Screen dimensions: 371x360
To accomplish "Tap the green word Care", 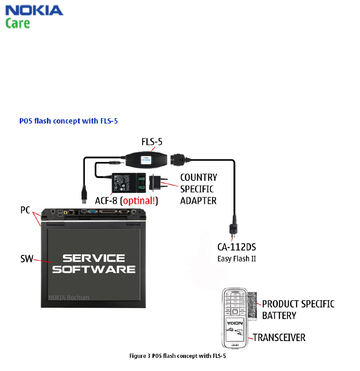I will point(17,23).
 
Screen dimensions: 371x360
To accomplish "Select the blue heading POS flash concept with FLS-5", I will point(68,121).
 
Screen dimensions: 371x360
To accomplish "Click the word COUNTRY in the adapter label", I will point(198,177).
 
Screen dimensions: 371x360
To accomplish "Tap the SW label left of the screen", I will point(25,259).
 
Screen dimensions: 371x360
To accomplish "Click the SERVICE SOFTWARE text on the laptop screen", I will point(94,264).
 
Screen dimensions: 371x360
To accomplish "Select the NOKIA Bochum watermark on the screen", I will point(68,297).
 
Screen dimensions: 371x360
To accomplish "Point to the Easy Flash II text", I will point(236,259).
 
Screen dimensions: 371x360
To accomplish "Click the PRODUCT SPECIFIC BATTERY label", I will point(298,309).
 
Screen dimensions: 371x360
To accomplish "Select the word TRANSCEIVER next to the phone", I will point(279,337).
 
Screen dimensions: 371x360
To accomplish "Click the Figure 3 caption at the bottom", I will point(177,356).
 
